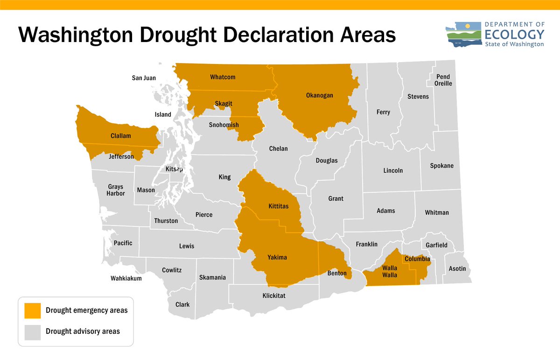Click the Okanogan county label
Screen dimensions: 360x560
320,95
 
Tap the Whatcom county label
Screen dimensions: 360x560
223,77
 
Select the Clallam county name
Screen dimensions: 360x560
121,136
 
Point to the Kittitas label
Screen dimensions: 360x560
279,206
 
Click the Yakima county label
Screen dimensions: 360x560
277,257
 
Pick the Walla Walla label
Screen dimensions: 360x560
390,271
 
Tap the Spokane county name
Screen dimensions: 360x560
442,166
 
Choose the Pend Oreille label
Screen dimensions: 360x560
443,80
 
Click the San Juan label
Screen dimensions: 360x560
144,78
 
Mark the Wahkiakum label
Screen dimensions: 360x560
126,278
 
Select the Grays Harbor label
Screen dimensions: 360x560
116,190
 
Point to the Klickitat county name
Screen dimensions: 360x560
274,296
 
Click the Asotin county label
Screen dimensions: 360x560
457,269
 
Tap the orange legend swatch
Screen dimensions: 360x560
33,311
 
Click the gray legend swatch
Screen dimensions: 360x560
33,332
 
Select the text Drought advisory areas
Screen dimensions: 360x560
83,332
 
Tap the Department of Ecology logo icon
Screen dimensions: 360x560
465,35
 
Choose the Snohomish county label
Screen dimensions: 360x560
224,125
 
